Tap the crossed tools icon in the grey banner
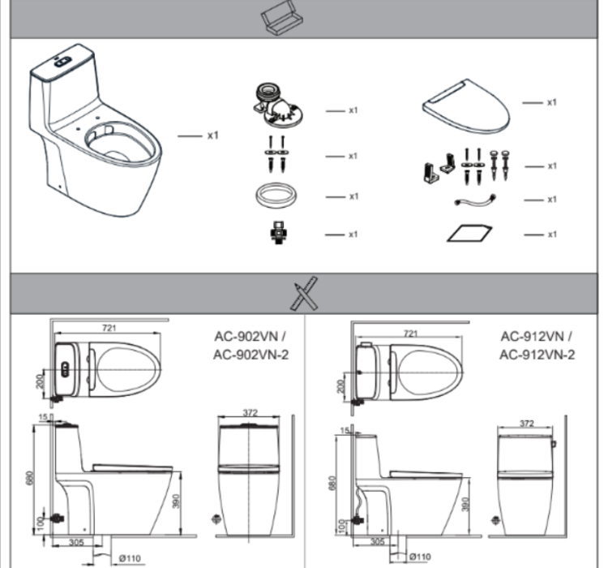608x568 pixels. point(303,293)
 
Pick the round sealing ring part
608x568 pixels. point(277,196)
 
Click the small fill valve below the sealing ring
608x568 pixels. point(277,233)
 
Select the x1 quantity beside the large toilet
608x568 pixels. point(212,136)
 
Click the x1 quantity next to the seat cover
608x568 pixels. point(551,102)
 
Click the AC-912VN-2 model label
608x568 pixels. point(537,355)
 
